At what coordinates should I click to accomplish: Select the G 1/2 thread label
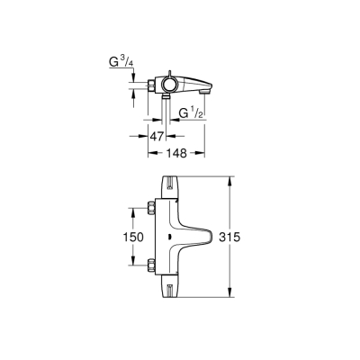tap(189, 113)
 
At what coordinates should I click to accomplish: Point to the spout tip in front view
tap(213, 238)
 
